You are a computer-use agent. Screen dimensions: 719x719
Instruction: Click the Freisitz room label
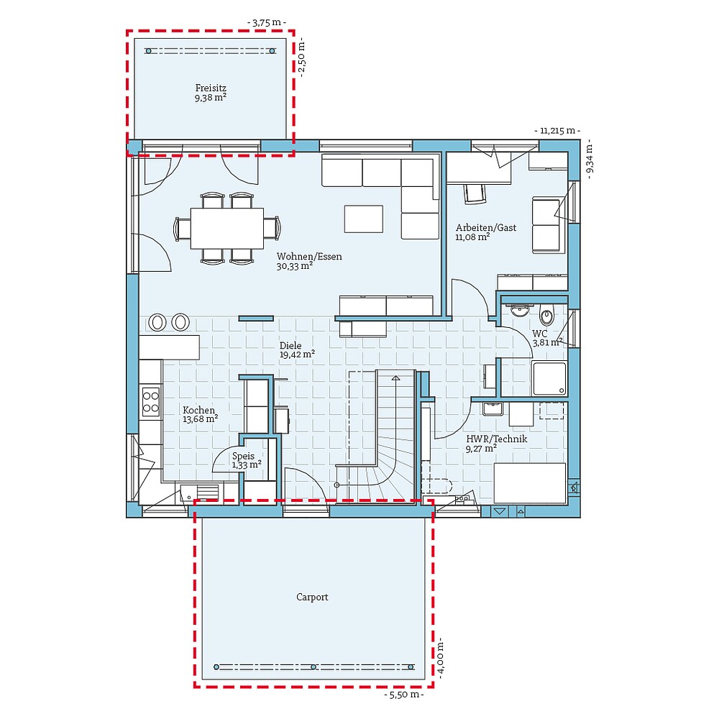pos(210,88)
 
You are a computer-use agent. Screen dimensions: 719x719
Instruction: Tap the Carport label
pos(312,597)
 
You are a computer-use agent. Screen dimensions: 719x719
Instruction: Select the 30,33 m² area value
pos(294,266)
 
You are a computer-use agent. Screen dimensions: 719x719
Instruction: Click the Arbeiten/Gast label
pos(485,228)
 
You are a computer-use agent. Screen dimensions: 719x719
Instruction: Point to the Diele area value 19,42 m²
pos(297,354)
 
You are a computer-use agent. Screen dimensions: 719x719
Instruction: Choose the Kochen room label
pos(198,410)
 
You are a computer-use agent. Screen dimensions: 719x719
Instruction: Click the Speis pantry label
pos(243,456)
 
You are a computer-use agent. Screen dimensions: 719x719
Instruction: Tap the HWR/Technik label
pos(496,439)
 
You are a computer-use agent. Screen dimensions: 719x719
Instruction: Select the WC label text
pos(539,334)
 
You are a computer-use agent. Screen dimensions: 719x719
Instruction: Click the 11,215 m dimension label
pos(557,131)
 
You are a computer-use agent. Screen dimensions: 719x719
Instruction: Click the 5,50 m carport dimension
pos(403,695)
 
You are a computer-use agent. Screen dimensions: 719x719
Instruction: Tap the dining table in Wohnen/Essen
pos(226,228)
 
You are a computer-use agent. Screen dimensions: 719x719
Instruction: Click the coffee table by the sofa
pos(363,219)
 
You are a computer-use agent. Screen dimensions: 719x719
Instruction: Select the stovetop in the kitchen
pos(151,401)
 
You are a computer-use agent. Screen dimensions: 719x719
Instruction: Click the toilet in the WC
pos(547,315)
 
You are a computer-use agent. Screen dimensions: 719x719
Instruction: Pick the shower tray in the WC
pos(549,378)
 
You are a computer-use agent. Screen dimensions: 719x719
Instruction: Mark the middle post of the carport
pos(312,667)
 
